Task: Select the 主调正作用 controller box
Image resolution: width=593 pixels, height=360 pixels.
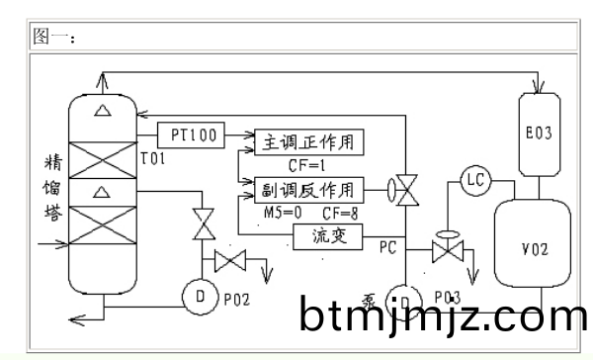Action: click(x=309, y=142)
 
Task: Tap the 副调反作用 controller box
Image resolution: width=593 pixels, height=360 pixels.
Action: click(x=309, y=189)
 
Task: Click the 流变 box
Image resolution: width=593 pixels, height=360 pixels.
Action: click(x=330, y=236)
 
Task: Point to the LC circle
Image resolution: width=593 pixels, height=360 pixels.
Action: click(x=475, y=180)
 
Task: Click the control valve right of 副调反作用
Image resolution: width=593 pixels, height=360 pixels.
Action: click(x=406, y=188)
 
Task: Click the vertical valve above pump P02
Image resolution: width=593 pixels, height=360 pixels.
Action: click(x=205, y=225)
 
